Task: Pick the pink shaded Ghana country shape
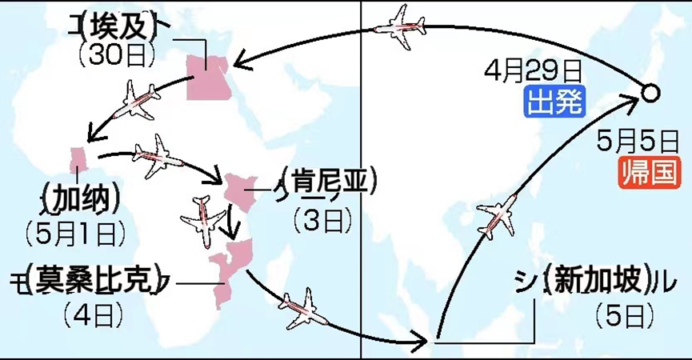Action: (x=78, y=158)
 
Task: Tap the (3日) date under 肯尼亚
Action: (x=317, y=218)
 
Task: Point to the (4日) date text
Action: (x=86, y=312)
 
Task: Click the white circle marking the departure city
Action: (x=650, y=94)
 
